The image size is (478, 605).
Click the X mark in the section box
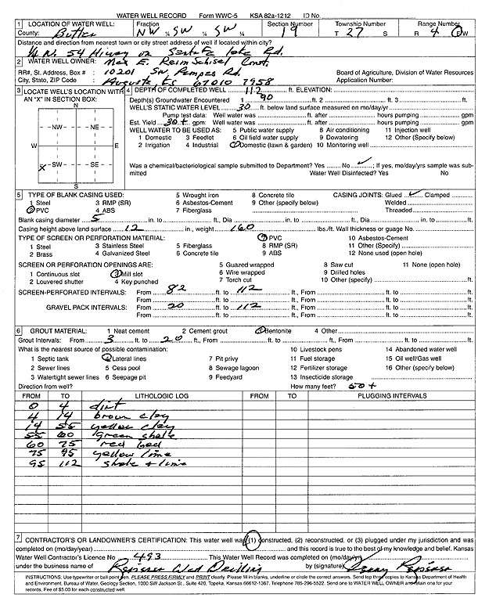(41, 167)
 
